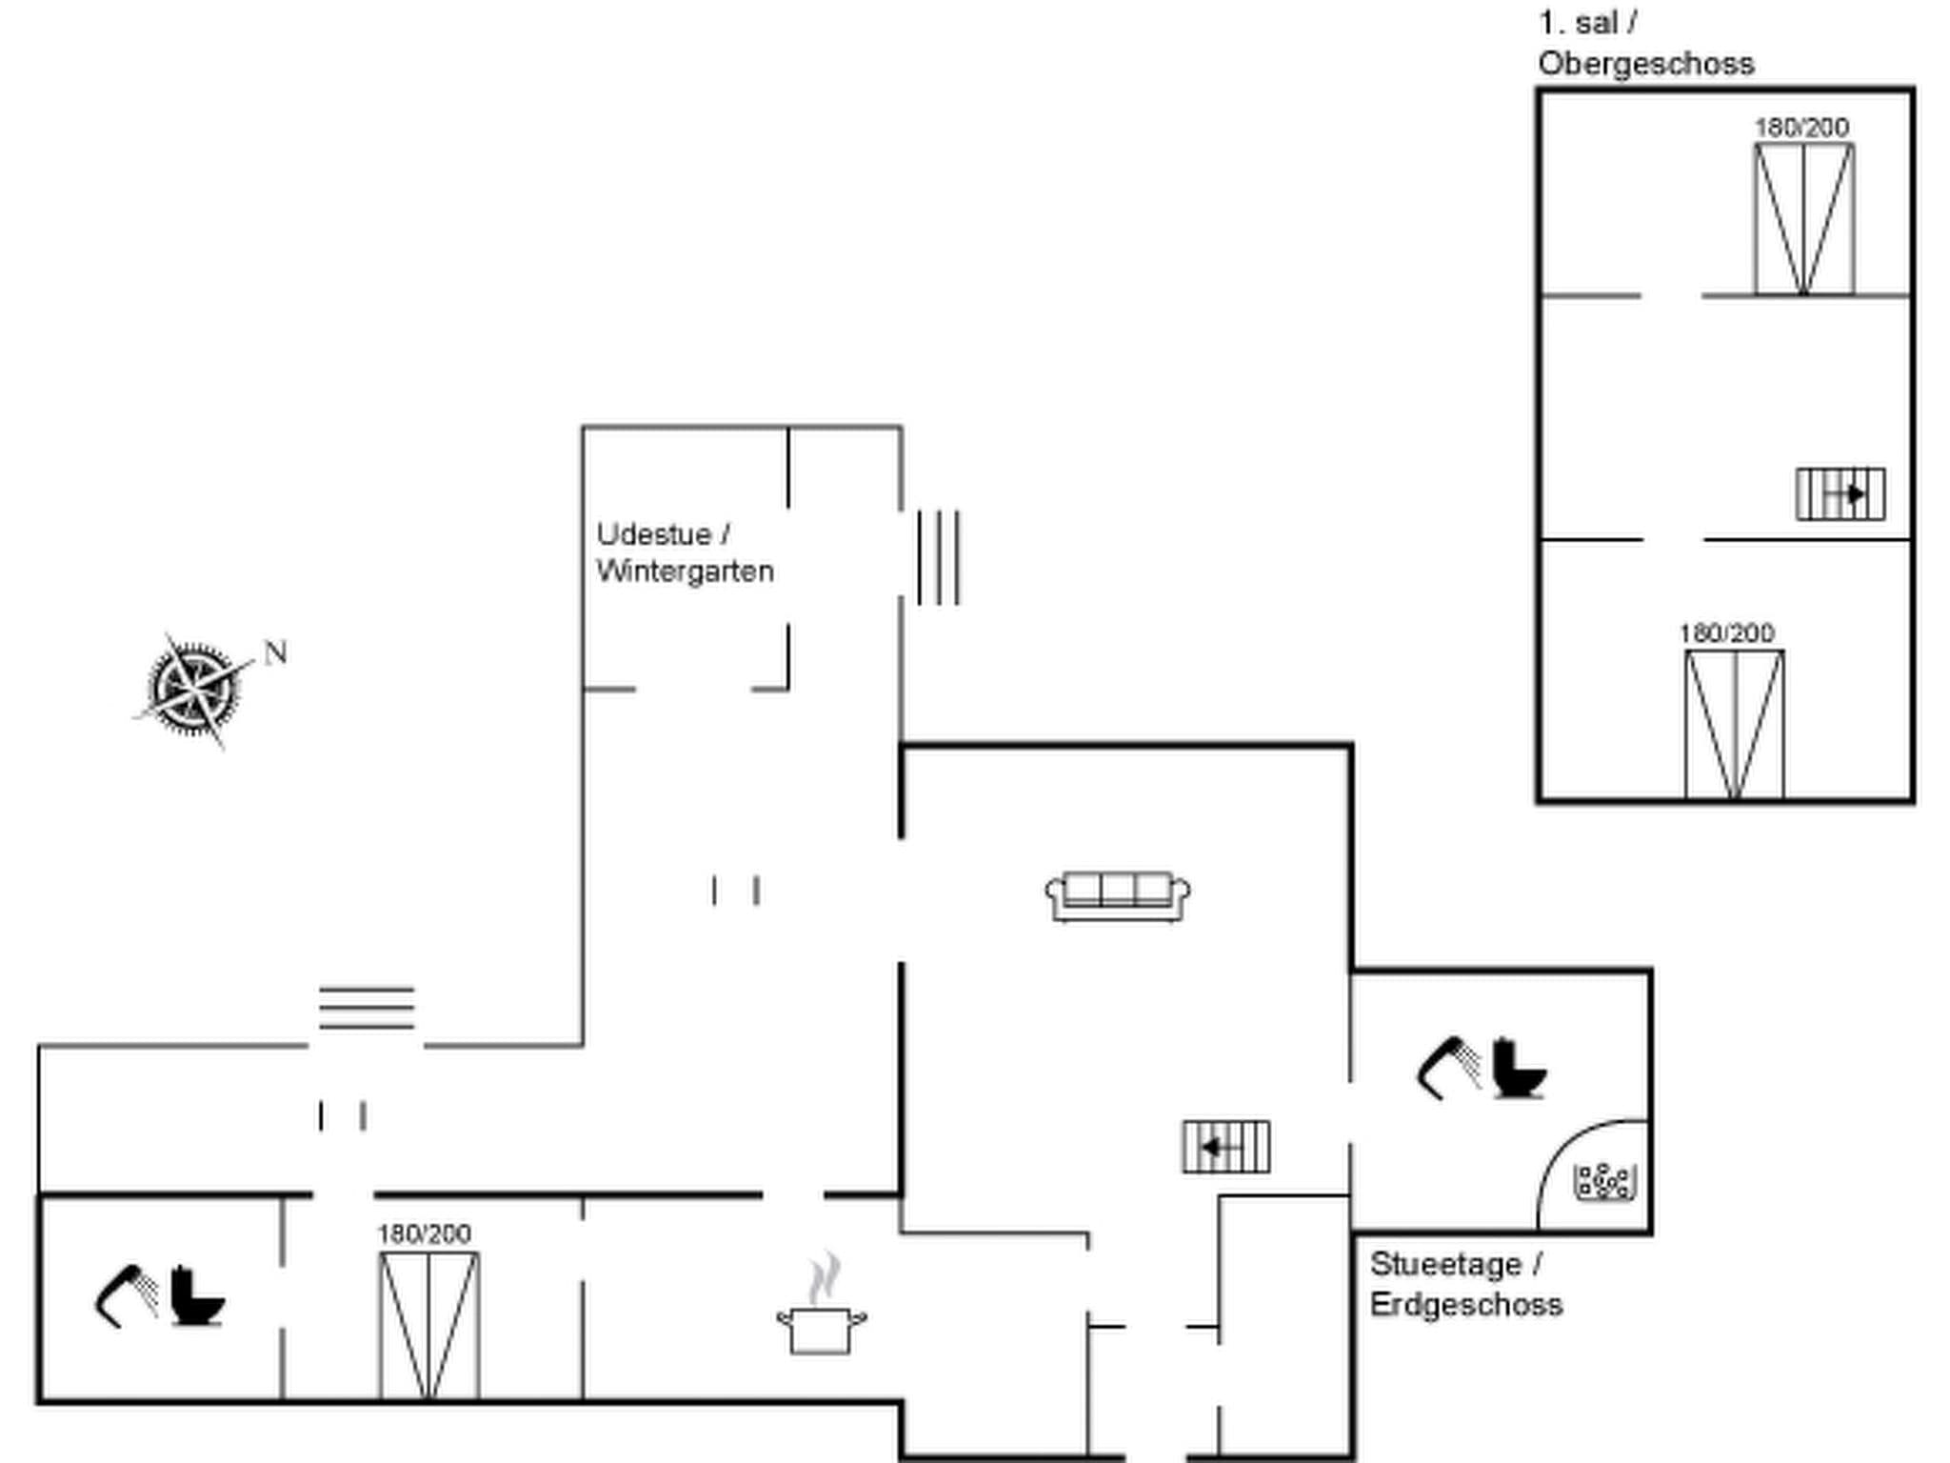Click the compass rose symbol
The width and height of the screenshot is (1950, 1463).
(x=194, y=688)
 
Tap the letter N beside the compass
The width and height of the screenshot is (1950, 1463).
(x=275, y=653)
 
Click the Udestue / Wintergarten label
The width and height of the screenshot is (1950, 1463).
(x=684, y=552)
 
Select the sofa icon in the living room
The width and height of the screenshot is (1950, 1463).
(x=1117, y=895)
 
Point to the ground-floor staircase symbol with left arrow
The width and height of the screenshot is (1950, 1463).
(x=1225, y=1147)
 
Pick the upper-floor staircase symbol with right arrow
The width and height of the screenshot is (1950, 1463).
(x=1840, y=494)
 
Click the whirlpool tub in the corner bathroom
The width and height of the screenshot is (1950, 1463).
(x=1605, y=1182)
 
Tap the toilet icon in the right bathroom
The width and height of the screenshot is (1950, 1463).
(x=1517, y=1070)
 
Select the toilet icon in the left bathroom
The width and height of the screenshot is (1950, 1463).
(x=195, y=1296)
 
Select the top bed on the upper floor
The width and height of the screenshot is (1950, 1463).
(x=1803, y=219)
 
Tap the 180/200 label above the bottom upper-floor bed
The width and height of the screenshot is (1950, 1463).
(x=1726, y=633)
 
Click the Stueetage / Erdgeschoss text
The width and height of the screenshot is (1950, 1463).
(x=1464, y=1284)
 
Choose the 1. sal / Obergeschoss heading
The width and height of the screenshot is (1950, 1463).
(x=1645, y=44)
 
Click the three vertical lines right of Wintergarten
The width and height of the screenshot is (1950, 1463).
(x=939, y=558)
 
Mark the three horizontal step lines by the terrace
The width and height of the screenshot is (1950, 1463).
(x=367, y=1008)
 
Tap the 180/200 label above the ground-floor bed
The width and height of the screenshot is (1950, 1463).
(x=424, y=1234)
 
